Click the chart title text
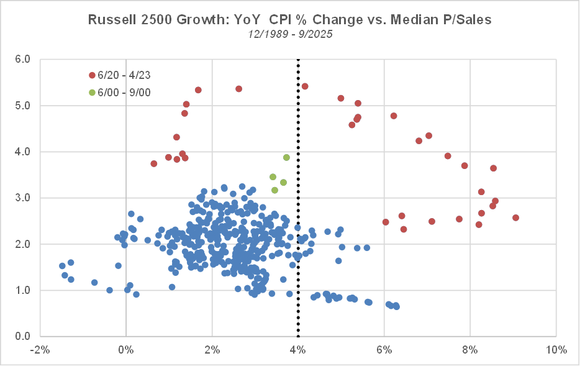(289, 20)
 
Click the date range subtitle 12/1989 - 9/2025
(289, 34)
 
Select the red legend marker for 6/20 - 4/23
(93, 75)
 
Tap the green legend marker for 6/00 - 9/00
(93, 93)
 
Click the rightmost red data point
(515, 217)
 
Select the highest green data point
(286, 157)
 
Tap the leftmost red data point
(154, 163)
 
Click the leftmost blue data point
(62, 265)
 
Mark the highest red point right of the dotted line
(305, 86)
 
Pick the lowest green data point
(274, 190)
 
